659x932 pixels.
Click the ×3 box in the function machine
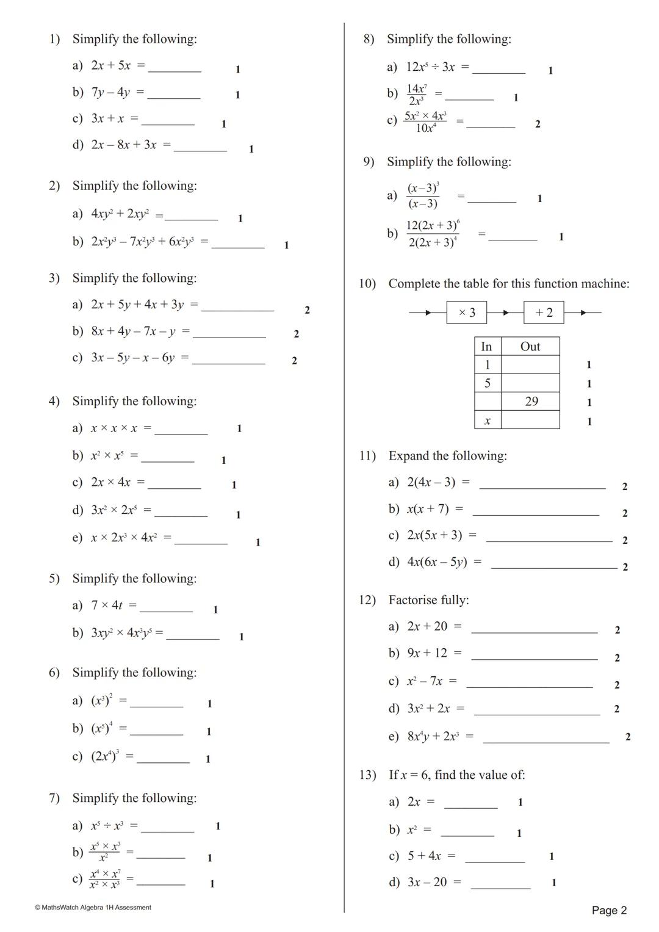tap(466, 312)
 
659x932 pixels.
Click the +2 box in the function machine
tap(544, 312)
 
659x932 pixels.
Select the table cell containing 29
tap(531, 402)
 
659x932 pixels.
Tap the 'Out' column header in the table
tap(530, 347)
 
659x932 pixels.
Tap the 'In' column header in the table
tap(487, 347)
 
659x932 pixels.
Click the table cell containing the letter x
tap(488, 421)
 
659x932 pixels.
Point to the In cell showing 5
tap(488, 383)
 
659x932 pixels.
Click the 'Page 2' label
tap(609, 911)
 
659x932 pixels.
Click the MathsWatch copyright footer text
tap(93, 908)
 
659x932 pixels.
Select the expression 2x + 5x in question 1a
tap(110, 65)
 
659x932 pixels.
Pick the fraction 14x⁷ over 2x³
tap(417, 95)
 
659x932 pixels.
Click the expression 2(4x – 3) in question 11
tap(431, 482)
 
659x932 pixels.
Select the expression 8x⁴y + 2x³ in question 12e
tap(433, 736)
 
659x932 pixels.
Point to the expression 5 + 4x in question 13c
tap(424, 856)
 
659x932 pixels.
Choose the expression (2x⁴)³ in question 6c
tap(105, 756)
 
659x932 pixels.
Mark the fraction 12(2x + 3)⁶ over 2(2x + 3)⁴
tap(433, 234)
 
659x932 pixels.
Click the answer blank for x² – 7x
tap(529, 686)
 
